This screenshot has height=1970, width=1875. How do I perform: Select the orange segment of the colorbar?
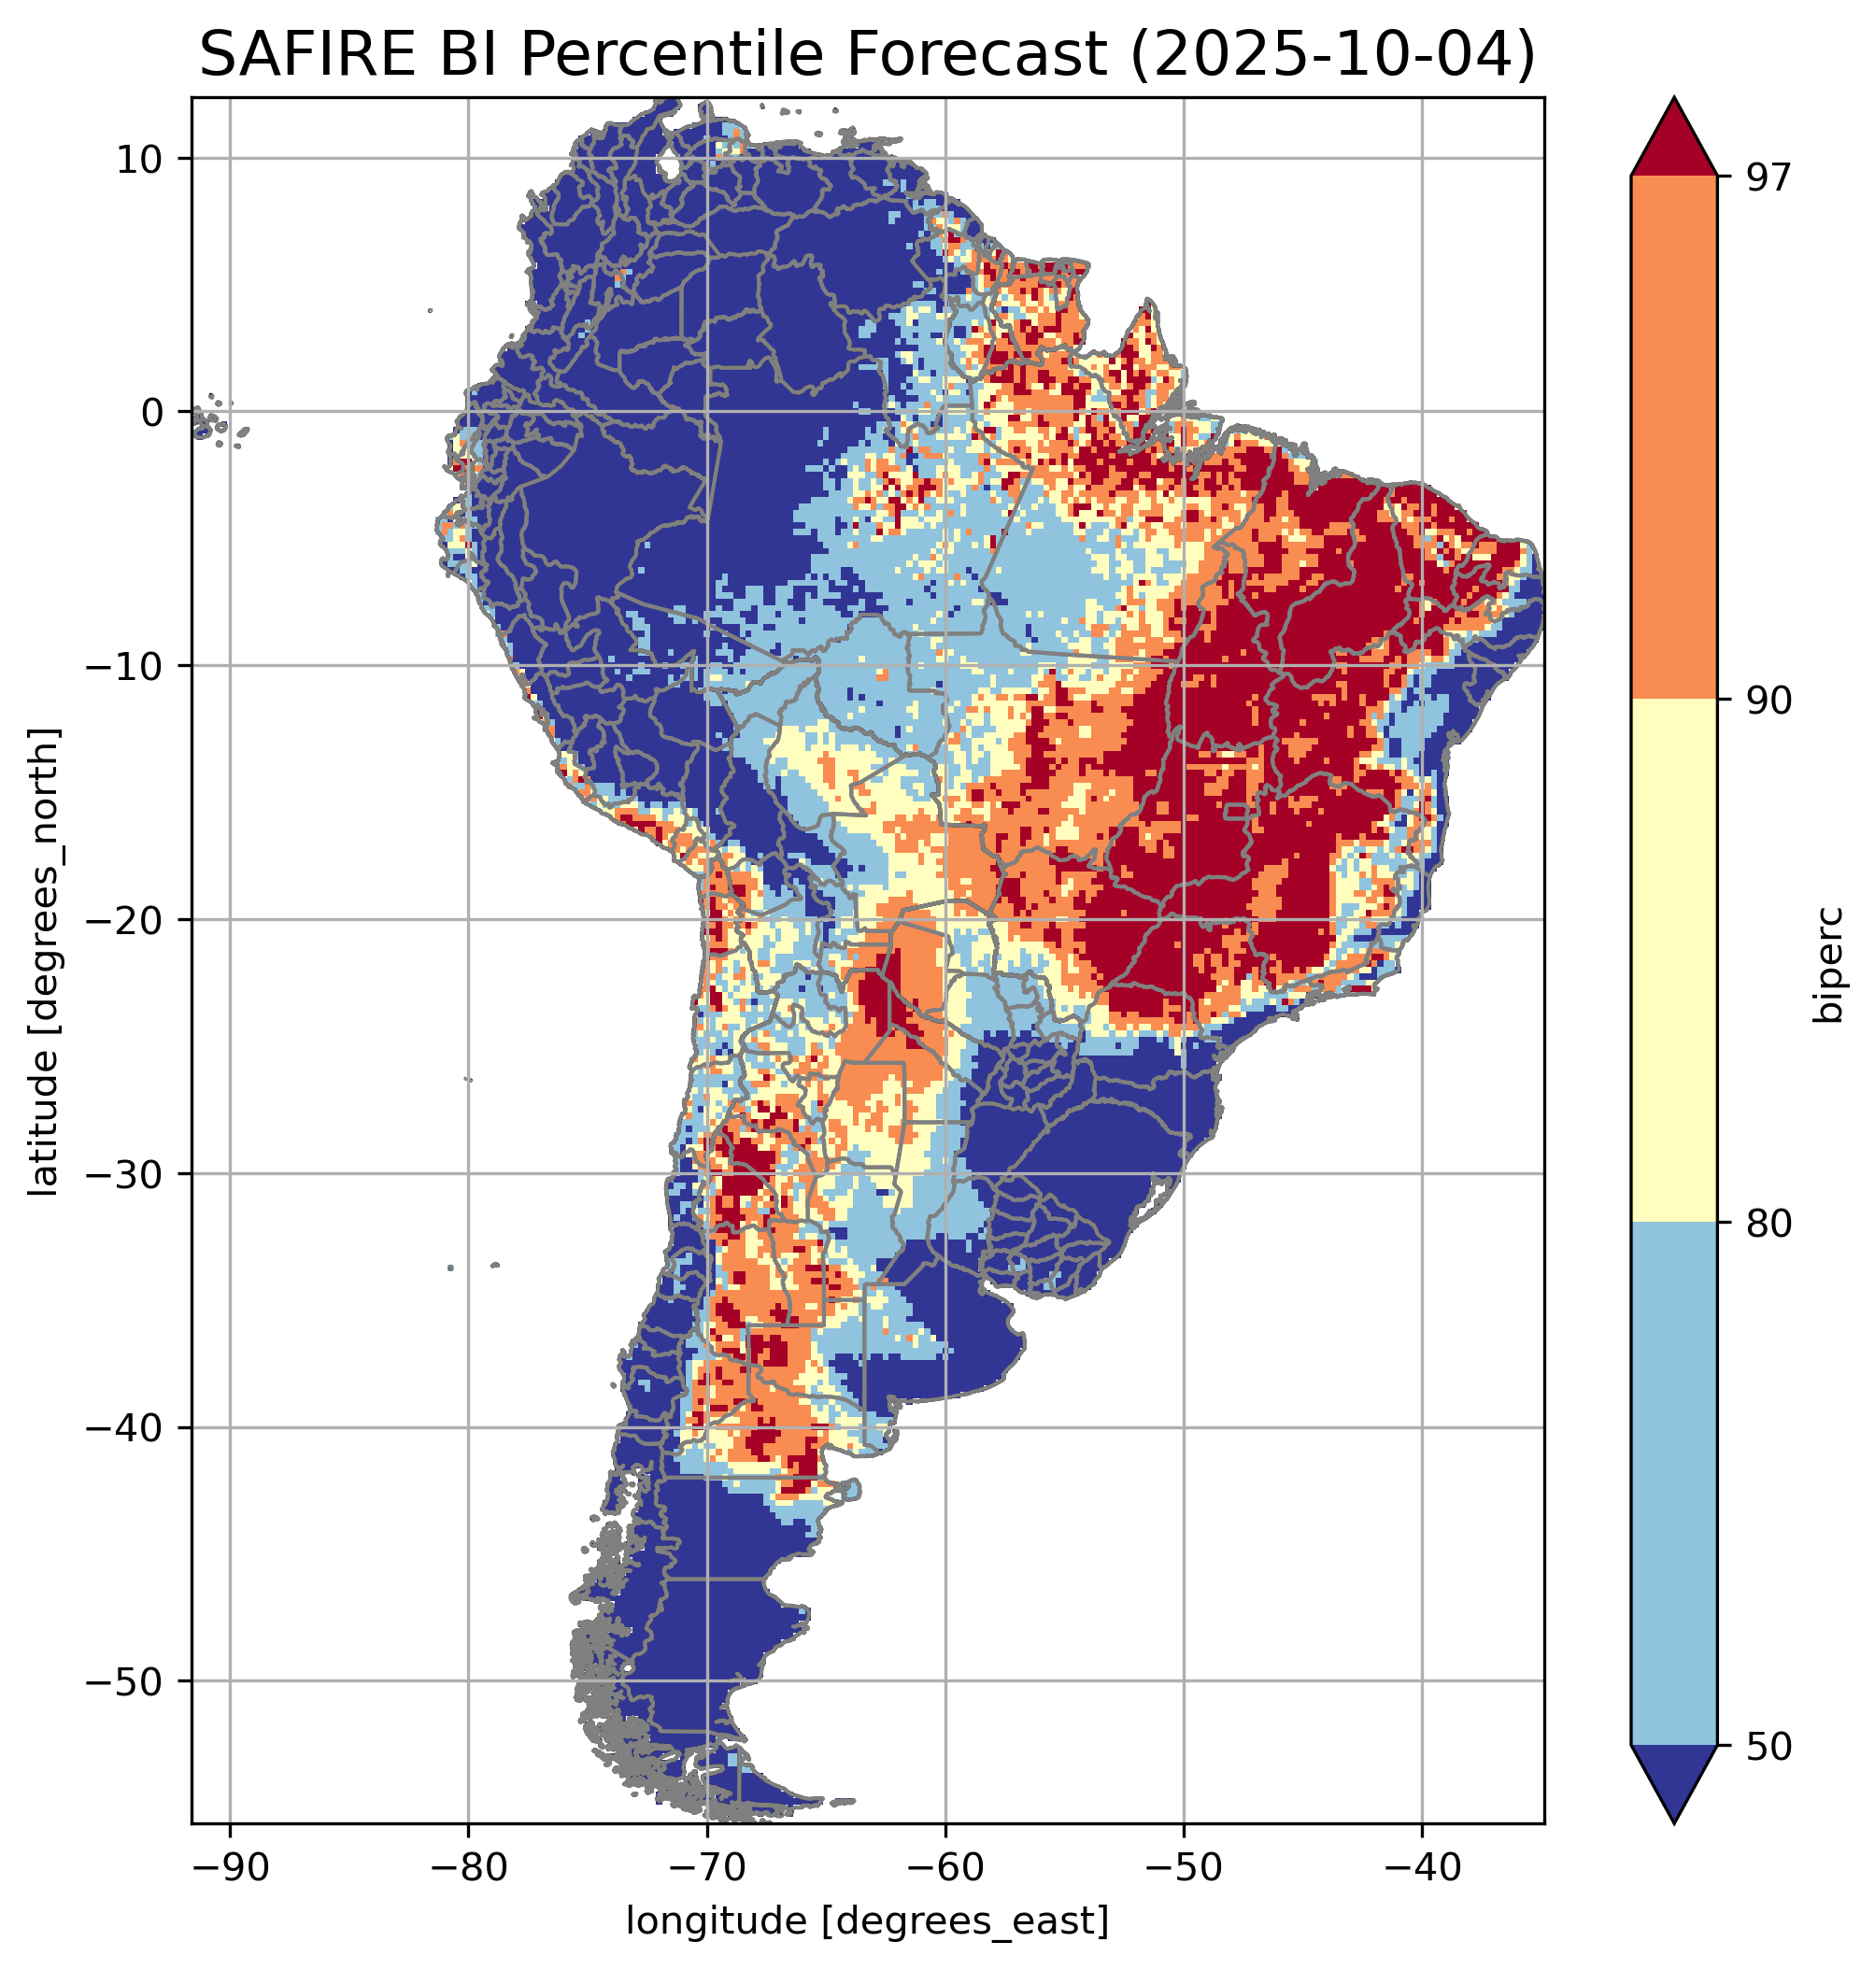(x=1673, y=438)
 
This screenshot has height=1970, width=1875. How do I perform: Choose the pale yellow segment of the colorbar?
(x=1673, y=959)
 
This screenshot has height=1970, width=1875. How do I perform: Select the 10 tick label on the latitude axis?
(x=140, y=159)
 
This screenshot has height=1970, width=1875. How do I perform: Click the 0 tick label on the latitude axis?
(x=153, y=413)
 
